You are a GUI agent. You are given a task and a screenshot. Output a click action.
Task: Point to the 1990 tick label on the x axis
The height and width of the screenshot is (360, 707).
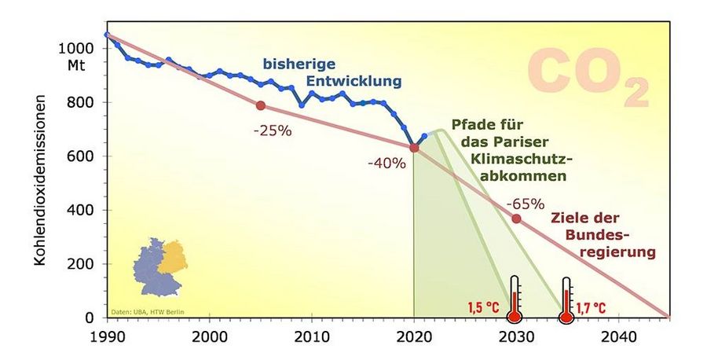click(x=106, y=334)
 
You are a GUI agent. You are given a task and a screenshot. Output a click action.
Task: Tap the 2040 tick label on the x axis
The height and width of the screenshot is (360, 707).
click(x=618, y=334)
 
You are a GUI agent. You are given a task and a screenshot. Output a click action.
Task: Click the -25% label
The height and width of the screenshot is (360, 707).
click(x=273, y=131)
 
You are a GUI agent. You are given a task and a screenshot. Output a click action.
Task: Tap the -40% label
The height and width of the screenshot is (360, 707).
click(x=386, y=163)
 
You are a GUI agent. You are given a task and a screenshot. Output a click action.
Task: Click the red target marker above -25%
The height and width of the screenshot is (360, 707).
click(x=260, y=105)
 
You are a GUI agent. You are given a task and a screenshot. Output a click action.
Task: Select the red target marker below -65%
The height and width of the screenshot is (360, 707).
click(x=516, y=219)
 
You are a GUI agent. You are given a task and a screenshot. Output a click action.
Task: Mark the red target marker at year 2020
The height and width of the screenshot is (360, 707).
click(x=414, y=149)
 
